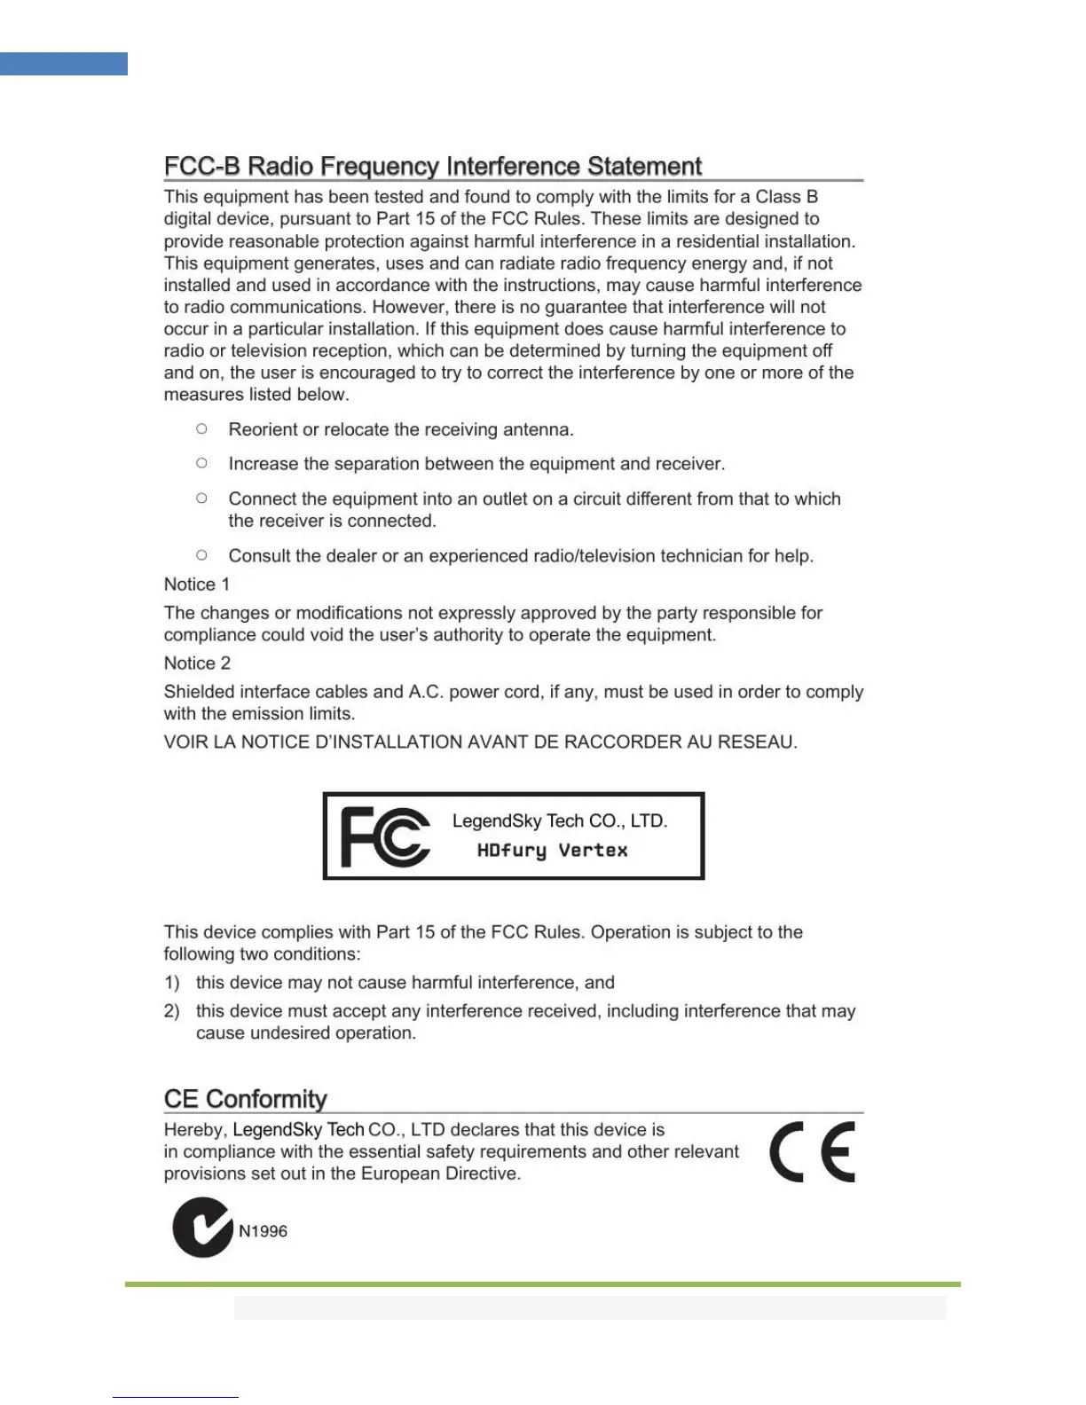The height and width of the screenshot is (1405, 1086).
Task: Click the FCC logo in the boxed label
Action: (x=385, y=836)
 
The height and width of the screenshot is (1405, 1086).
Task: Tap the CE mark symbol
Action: (x=813, y=1152)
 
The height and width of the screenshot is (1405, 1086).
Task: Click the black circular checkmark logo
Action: (x=202, y=1228)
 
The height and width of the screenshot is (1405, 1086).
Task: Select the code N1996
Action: (x=263, y=1231)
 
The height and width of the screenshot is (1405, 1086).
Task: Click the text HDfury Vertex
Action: (x=552, y=851)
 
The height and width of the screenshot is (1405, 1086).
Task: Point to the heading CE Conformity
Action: (x=246, y=1099)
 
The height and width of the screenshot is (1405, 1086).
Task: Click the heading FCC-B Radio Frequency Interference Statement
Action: (x=433, y=167)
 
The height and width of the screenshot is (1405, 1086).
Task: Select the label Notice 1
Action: (x=197, y=585)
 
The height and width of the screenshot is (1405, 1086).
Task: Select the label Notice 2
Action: (x=197, y=663)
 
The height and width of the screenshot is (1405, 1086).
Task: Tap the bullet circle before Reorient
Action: (x=202, y=428)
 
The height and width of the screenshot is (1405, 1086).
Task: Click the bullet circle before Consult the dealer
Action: (x=202, y=555)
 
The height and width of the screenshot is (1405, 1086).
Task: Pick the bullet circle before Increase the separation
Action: (x=202, y=463)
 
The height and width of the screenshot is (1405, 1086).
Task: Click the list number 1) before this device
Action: (x=172, y=983)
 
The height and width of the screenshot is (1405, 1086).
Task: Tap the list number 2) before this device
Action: (x=172, y=1011)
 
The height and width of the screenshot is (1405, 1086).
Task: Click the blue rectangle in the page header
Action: (x=64, y=64)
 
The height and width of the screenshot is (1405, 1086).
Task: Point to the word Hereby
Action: (x=195, y=1130)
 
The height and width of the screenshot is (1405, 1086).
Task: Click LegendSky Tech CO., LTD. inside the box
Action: (x=560, y=821)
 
